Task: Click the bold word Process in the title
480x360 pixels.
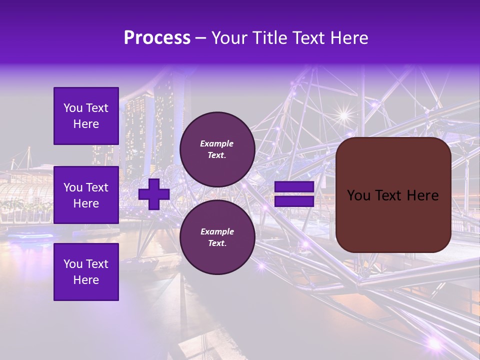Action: [157, 38]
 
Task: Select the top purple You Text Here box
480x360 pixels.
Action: [86, 116]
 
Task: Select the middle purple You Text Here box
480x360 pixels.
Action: [86, 195]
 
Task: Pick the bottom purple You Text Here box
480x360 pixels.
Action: [86, 271]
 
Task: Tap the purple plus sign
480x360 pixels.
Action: [153, 194]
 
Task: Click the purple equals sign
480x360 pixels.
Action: [294, 194]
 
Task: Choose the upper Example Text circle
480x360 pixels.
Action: [217, 149]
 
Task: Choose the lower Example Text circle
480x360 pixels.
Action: [217, 237]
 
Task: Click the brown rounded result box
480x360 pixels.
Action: [393, 195]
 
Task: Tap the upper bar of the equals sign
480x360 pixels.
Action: [294, 187]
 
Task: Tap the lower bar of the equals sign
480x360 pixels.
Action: [294, 201]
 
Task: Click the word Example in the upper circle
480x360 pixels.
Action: [217, 143]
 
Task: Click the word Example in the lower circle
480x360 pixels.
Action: [217, 231]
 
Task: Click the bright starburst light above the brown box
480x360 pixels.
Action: [343, 115]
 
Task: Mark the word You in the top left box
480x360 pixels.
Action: [73, 108]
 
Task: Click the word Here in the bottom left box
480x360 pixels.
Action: [86, 280]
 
